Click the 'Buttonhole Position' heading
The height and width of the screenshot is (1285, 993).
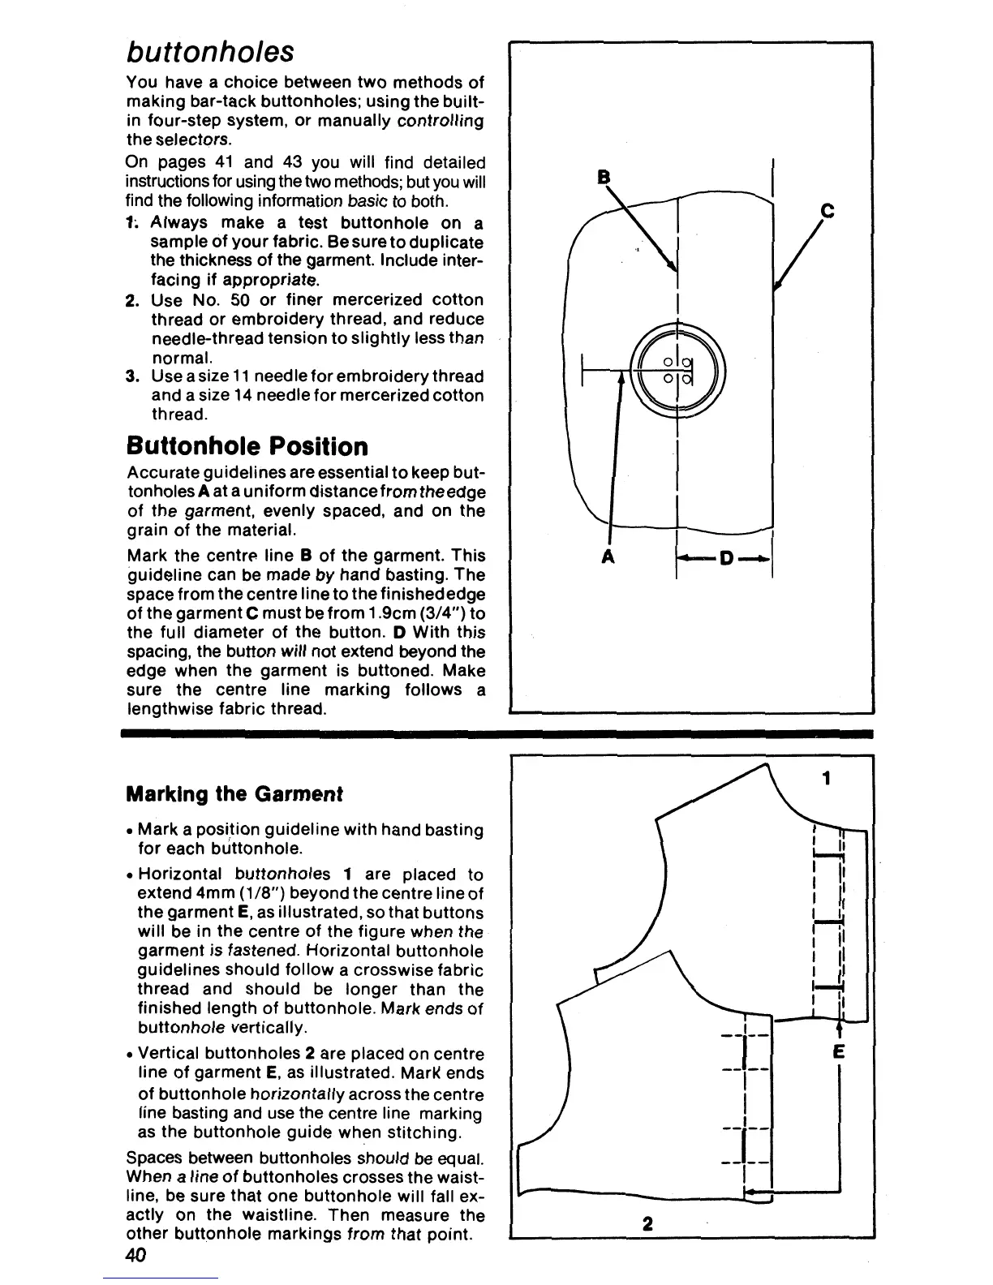coord(247,446)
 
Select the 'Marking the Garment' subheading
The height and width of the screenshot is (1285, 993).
coord(234,793)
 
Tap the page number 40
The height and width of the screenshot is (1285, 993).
coord(136,1255)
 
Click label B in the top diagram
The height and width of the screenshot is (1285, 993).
coord(603,177)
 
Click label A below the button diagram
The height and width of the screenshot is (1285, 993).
coord(608,557)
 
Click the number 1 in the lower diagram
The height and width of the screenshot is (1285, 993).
coord(826,779)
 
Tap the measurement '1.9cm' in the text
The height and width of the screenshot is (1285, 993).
coord(378,613)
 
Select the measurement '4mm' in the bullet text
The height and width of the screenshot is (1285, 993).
coord(194,894)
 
